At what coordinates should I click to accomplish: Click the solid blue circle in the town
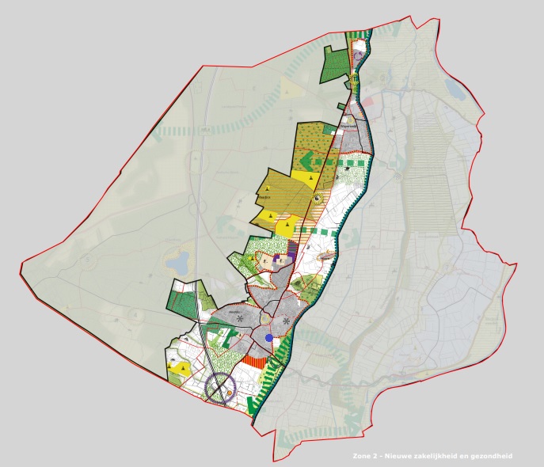tap(269, 337)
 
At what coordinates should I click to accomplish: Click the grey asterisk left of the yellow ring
tap(239, 318)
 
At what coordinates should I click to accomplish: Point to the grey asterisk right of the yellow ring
tap(284, 321)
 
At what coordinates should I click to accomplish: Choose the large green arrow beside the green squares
tap(318, 161)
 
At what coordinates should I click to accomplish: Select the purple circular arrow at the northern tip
tap(357, 58)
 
